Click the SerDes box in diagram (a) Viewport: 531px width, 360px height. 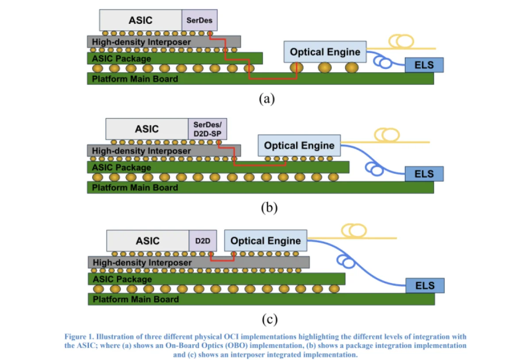coord(200,20)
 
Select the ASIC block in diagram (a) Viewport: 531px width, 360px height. coord(140,20)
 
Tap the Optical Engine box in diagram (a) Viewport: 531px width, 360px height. coord(325,52)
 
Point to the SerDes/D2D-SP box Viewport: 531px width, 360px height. coord(208,129)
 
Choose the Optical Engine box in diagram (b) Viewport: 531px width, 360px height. coord(299,146)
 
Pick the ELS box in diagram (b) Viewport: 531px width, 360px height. coord(424,174)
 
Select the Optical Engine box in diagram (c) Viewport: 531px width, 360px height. coord(265,241)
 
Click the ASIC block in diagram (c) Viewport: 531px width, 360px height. coord(147,241)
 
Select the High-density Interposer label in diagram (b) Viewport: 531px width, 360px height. coord(141,151)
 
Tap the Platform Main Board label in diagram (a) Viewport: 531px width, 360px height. coord(135,79)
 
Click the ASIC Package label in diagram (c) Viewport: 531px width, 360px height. coord(122,279)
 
